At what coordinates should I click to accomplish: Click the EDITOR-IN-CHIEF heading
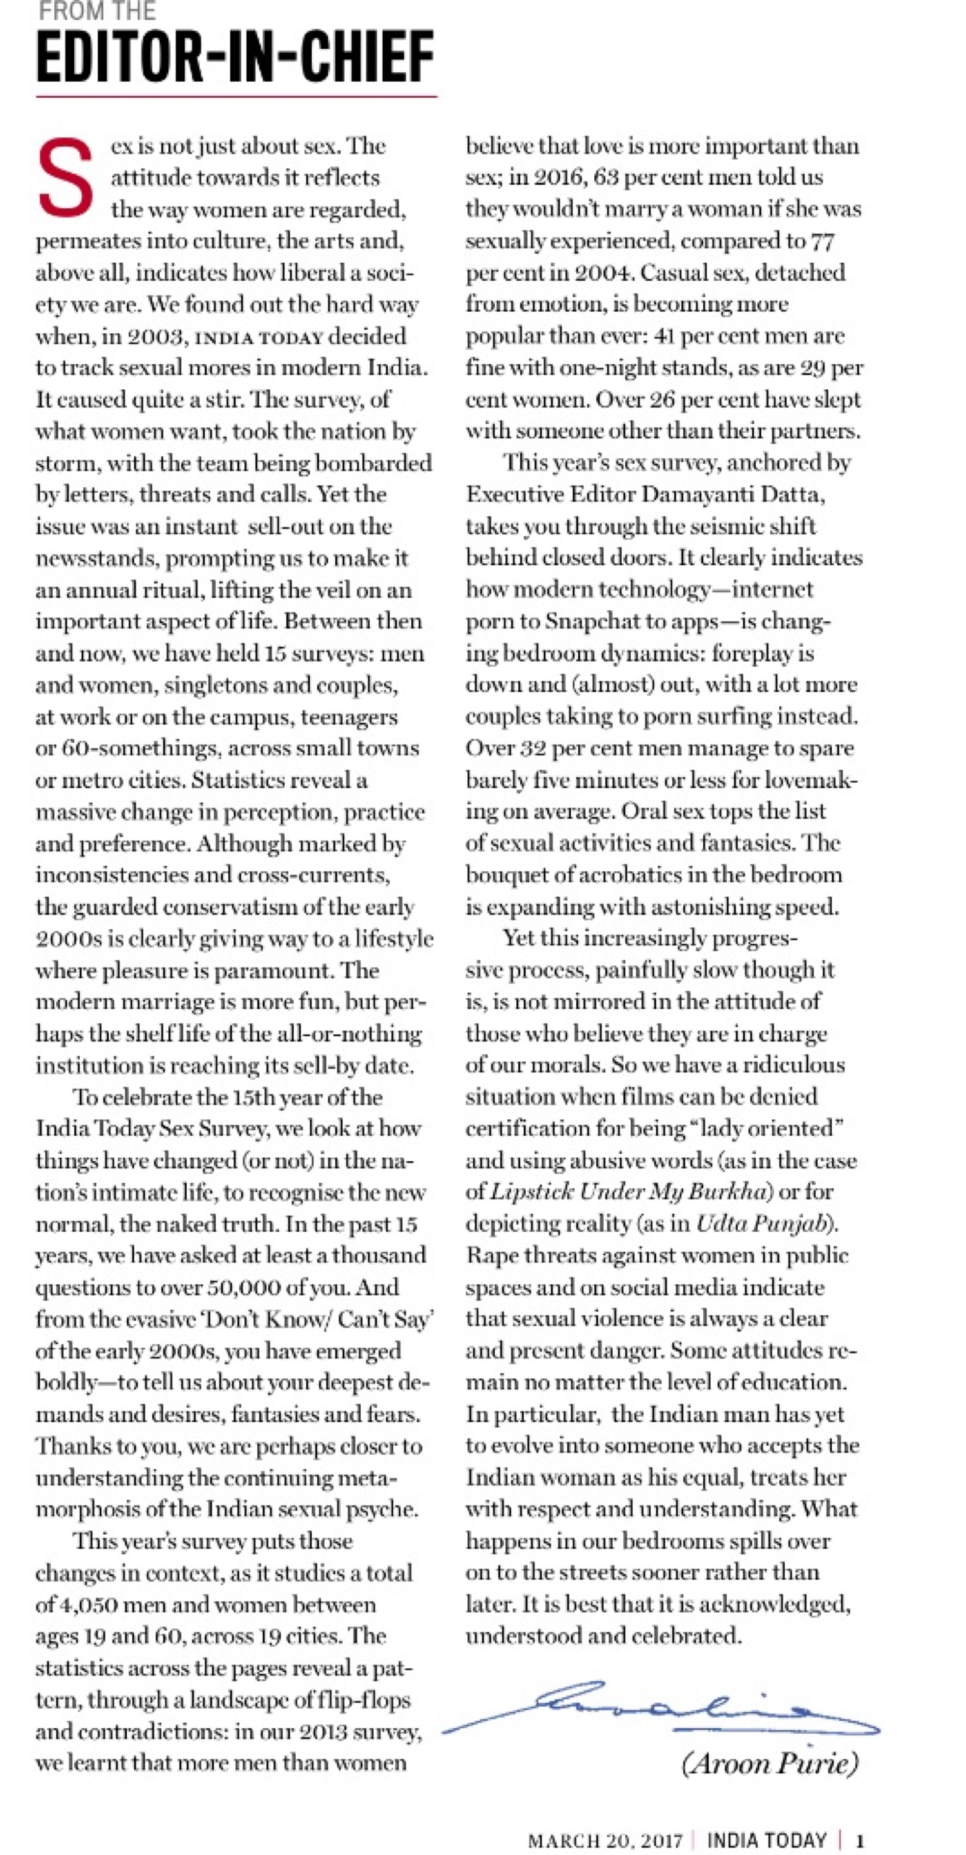235,58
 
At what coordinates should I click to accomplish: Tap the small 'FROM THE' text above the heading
96,11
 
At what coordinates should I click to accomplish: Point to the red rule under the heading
236,96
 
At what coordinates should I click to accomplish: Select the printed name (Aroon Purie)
769,1763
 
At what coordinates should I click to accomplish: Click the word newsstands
96,558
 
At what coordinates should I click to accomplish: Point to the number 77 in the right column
822,241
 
